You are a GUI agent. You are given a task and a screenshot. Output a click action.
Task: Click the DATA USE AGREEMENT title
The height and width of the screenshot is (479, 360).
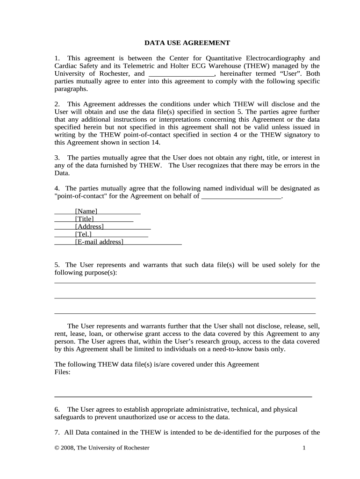(x=187, y=43)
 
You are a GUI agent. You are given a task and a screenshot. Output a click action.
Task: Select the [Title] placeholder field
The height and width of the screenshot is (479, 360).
(x=84, y=219)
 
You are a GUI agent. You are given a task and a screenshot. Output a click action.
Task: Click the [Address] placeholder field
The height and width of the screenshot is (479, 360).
(x=89, y=227)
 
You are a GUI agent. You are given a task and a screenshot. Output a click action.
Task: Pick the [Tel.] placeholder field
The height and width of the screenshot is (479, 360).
(x=83, y=234)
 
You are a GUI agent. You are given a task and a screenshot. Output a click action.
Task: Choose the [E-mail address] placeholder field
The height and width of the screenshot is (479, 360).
(x=99, y=242)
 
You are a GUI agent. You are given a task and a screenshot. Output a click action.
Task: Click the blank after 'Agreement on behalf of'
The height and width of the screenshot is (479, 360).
(x=241, y=196)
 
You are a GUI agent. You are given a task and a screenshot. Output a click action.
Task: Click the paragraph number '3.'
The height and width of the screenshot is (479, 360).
(x=57, y=158)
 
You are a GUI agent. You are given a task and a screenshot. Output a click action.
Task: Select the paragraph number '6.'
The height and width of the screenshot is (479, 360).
(x=57, y=409)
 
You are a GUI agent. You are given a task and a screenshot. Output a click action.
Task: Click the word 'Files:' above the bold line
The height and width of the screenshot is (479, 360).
(x=63, y=372)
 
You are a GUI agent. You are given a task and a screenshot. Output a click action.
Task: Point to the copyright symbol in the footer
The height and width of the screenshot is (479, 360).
(x=57, y=448)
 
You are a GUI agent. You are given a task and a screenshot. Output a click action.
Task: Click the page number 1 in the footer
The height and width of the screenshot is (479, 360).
(x=304, y=448)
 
